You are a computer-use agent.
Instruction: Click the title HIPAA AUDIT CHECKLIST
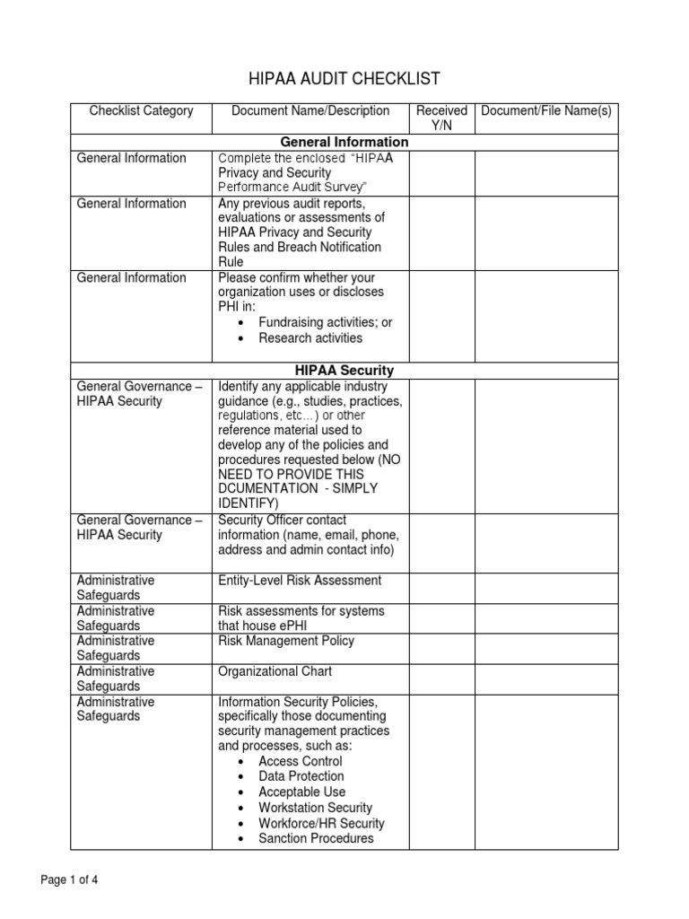coord(344,78)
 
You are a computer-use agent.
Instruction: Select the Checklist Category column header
coord(141,111)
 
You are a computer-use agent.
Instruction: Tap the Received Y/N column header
coord(441,118)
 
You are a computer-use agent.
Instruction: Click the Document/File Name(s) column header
coord(545,111)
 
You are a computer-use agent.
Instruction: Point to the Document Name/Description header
coord(310,111)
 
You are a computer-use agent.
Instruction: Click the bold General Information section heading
coord(344,142)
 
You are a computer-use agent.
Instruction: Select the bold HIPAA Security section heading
coord(344,370)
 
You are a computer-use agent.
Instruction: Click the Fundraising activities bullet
coord(325,322)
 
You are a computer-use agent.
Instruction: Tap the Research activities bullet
coord(310,338)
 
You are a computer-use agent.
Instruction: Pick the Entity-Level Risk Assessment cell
coord(300,581)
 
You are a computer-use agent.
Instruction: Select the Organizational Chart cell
coord(275,671)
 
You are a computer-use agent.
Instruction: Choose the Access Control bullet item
coord(300,761)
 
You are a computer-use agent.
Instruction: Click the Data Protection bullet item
coord(301,776)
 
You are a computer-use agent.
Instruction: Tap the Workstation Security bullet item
coord(315,808)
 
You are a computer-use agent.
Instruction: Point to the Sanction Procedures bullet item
coord(316,838)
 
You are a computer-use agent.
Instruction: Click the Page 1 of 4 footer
coord(70,880)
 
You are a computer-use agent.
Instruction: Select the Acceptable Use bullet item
coord(301,792)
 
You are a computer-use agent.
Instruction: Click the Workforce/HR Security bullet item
coord(321,823)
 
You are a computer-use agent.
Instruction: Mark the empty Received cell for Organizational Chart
coord(441,678)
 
